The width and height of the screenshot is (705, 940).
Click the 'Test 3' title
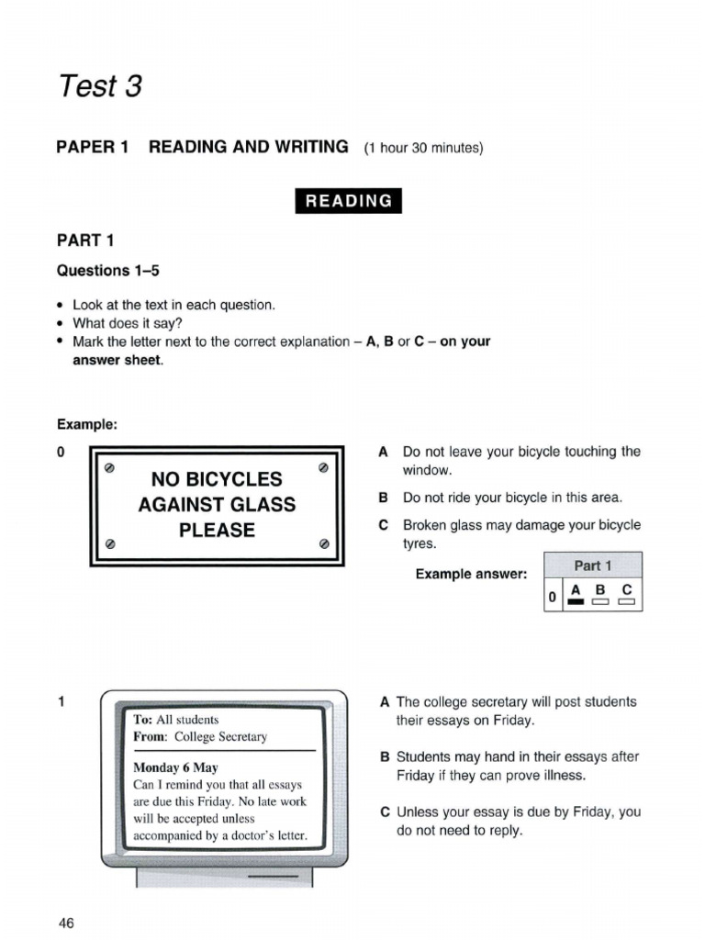coord(100,86)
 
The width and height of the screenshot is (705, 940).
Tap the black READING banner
coord(348,201)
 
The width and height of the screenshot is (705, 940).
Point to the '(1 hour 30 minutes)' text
coord(423,148)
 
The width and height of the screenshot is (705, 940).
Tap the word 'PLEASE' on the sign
coord(217,531)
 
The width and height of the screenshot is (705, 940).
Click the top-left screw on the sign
coord(109,468)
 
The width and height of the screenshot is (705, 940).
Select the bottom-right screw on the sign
coord(323,543)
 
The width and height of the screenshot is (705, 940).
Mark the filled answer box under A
coord(576,602)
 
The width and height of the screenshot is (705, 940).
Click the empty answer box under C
coord(627,602)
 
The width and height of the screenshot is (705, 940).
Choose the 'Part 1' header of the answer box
coord(593,565)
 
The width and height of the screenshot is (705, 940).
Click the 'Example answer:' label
coord(471,574)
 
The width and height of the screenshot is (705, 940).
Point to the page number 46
coord(65,923)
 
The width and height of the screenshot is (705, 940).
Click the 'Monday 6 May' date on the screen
coord(175,767)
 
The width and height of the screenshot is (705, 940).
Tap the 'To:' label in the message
coord(142,720)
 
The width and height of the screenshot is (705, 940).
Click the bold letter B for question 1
coord(385,757)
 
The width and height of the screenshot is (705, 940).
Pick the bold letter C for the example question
coord(384,526)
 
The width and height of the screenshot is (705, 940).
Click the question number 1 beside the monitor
coord(61,702)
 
